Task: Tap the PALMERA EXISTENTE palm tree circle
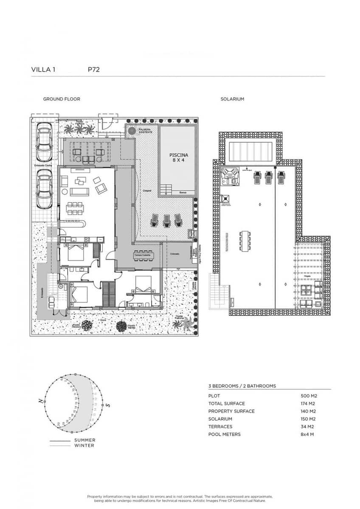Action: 132,130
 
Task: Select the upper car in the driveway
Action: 44,143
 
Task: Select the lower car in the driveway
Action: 44,189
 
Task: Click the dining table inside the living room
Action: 75,208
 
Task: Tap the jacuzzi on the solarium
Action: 229,176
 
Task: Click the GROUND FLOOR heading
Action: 62,99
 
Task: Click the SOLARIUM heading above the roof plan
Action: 232,99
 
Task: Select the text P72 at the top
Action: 93,70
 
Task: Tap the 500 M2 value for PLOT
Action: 309,396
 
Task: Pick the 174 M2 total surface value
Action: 309,403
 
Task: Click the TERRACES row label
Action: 220,427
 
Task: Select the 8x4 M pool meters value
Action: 308,434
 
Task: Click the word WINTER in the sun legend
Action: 84,445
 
